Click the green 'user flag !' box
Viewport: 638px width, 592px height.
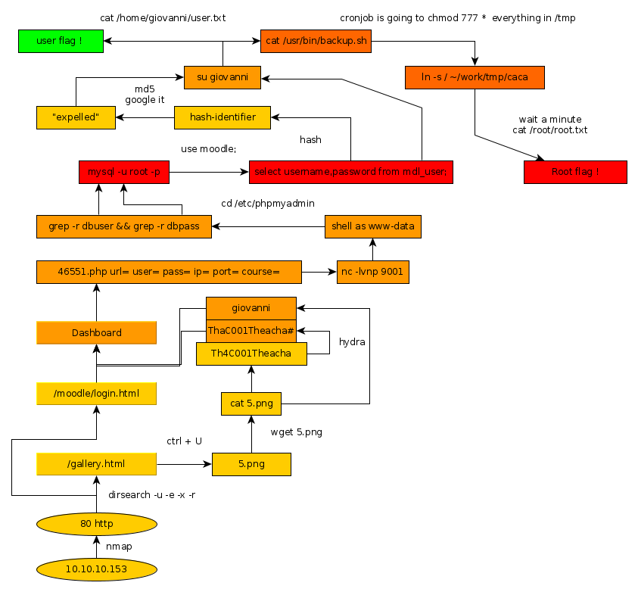click(61, 41)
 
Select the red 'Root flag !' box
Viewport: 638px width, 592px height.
click(575, 172)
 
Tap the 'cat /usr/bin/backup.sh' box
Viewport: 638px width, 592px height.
click(316, 41)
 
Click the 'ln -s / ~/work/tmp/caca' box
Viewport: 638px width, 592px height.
click(475, 77)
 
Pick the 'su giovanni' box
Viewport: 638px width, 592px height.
click(223, 77)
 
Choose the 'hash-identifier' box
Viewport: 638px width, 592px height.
click(223, 117)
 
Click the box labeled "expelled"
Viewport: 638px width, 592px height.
click(76, 117)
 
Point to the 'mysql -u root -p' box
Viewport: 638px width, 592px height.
click(124, 172)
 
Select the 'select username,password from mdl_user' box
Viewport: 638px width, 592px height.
click(350, 172)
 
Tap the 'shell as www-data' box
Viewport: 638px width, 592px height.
click(372, 226)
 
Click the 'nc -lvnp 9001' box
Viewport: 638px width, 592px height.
click(373, 272)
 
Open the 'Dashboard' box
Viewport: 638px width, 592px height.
click(96, 333)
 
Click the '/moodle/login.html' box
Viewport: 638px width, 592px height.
click(96, 394)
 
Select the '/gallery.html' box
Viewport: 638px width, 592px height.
click(96, 463)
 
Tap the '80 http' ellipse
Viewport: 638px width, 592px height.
click(96, 523)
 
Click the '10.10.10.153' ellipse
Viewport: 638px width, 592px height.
click(96, 569)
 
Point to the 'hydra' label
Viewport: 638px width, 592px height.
click(352, 342)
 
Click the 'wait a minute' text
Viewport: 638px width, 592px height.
click(549, 120)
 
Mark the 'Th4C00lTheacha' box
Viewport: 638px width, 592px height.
click(251, 354)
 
